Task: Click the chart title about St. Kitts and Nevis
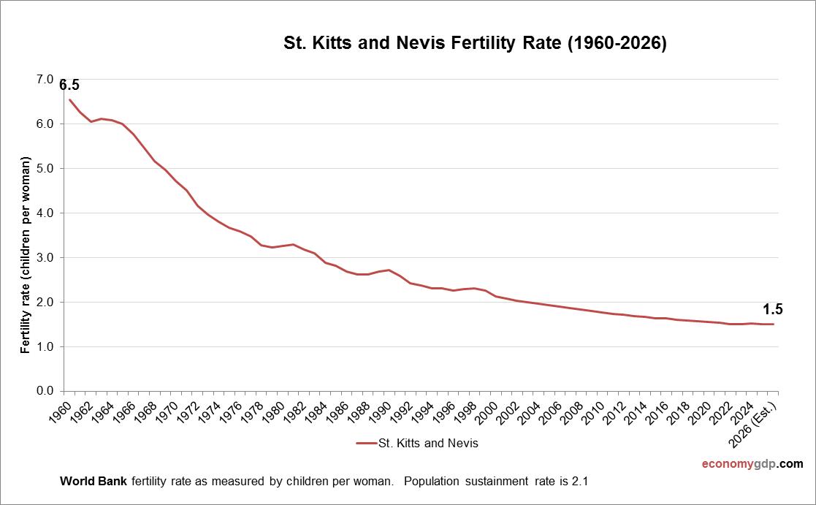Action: point(475,43)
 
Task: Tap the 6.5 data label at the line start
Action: point(69,85)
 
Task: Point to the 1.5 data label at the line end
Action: point(773,309)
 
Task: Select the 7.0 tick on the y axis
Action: point(45,79)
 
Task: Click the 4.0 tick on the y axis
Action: point(45,213)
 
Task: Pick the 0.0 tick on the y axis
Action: point(45,391)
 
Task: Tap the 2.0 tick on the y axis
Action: point(45,302)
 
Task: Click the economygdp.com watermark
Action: point(752,464)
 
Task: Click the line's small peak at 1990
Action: point(388,270)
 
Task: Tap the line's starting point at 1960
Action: point(69,99)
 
